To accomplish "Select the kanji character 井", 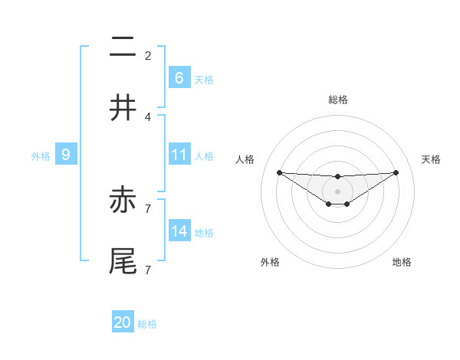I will click(123, 108).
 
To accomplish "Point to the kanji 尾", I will click(123, 260).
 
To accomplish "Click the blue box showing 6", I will click(179, 77).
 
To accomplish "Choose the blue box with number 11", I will click(179, 155).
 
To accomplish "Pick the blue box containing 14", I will click(179, 231).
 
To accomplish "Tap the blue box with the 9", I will click(66, 155).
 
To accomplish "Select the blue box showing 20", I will click(123, 322).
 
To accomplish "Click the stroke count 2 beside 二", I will click(148, 56).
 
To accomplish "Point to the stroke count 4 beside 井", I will click(148, 116).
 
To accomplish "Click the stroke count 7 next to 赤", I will click(148, 208).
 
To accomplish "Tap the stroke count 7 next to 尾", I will click(148, 269).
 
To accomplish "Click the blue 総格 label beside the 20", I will click(147, 324).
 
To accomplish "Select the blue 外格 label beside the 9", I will click(41, 156).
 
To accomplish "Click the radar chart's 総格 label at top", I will click(337, 100).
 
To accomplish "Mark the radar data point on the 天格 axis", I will click(396, 172).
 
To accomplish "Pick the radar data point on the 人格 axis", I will click(279, 172).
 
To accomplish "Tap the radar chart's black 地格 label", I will click(402, 262).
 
